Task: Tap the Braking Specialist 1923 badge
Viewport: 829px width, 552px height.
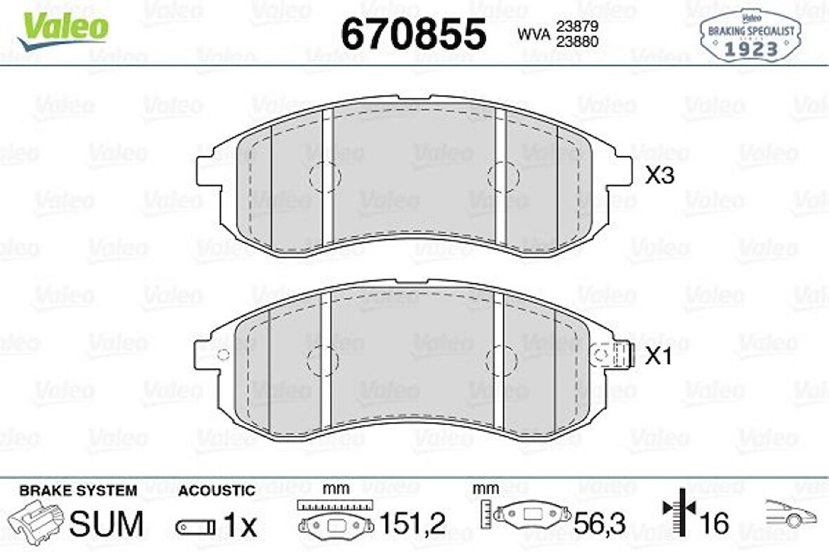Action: click(750, 36)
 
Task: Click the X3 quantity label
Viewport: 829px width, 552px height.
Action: click(659, 176)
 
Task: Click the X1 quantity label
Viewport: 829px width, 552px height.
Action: click(659, 357)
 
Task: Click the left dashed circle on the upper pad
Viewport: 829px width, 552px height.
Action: click(325, 176)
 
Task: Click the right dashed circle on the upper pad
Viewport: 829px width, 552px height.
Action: click(503, 176)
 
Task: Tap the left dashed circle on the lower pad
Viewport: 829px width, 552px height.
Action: click(322, 359)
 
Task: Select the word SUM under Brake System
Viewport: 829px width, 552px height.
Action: click(107, 524)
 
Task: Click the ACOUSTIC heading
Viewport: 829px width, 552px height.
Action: click(216, 491)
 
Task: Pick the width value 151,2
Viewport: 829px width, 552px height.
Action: click(413, 524)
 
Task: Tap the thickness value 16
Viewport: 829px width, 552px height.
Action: click(714, 524)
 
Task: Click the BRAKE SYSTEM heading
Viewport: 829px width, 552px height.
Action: click(78, 491)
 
